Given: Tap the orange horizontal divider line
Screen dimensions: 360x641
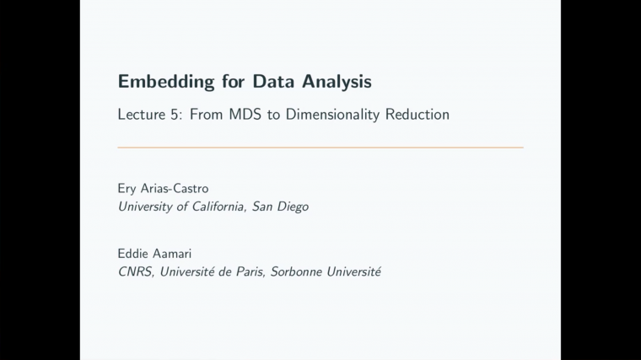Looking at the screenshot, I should [320, 148].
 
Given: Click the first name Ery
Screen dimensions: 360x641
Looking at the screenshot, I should [128, 189].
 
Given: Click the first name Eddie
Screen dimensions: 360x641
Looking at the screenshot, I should [134, 254].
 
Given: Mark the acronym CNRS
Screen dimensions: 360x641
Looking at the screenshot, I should [135, 271].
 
